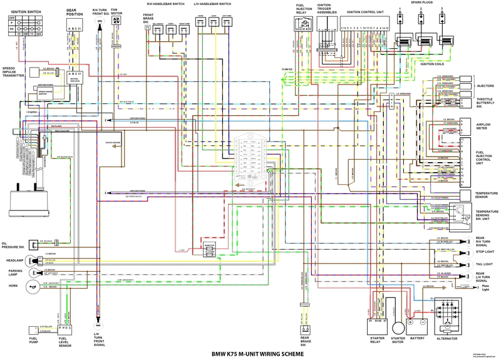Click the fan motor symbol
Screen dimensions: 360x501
116,21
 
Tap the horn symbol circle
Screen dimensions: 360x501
29,285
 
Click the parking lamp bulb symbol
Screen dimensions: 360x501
39,273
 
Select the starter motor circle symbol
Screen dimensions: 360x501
393,323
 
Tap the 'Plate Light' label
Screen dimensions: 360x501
485,290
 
